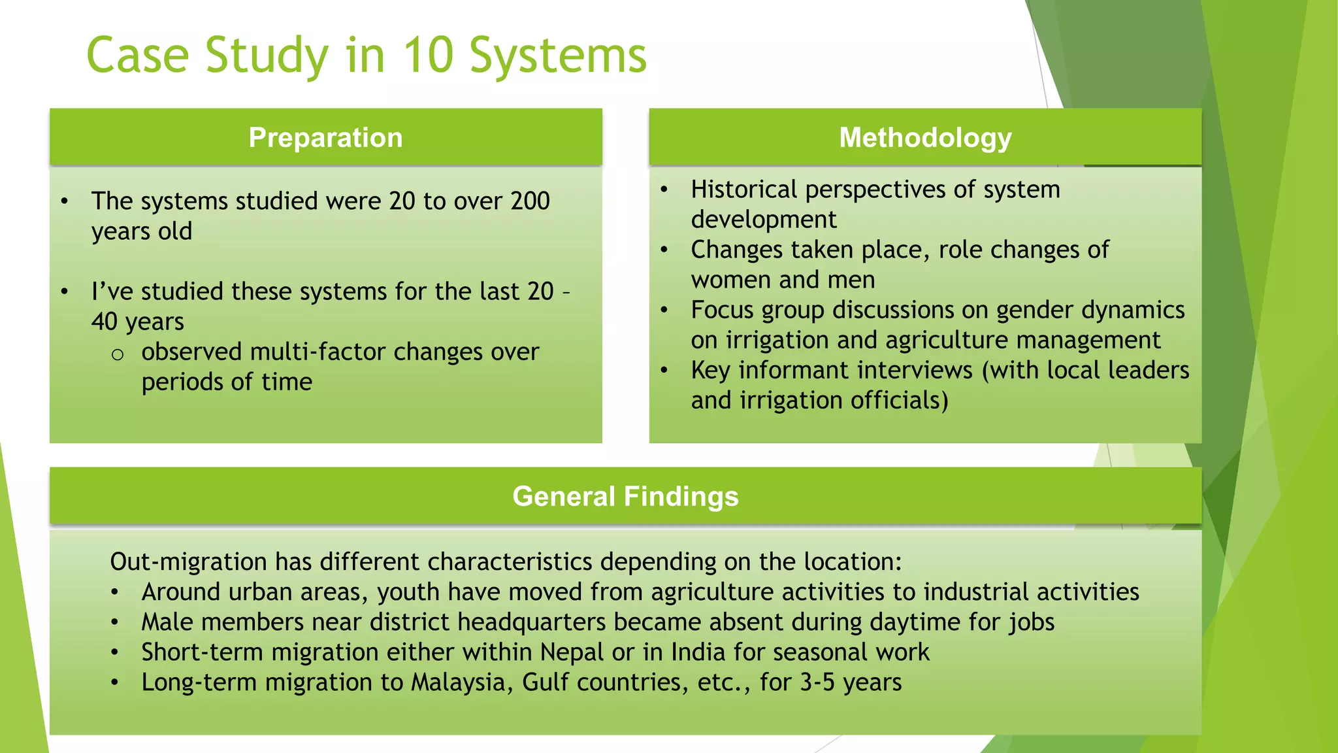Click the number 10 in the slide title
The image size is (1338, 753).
pyautogui.click(x=428, y=55)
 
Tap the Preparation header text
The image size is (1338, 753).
pyautogui.click(x=325, y=138)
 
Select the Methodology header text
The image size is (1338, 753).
pyautogui.click(x=925, y=138)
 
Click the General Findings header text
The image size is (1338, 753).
pyautogui.click(x=625, y=497)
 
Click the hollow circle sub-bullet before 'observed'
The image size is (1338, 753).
pyautogui.click(x=118, y=355)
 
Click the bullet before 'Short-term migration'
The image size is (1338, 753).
pyautogui.click(x=114, y=652)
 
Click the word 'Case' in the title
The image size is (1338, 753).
pyautogui.click(x=138, y=55)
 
